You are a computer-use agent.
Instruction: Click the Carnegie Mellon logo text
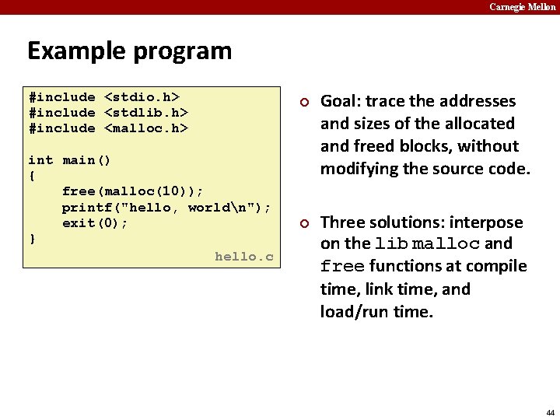coord(522,7)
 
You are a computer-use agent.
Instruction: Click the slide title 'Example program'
coord(129,51)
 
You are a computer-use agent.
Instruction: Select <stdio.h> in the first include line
coord(142,97)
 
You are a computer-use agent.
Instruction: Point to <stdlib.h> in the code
coord(146,113)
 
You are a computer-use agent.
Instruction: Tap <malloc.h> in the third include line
coord(146,128)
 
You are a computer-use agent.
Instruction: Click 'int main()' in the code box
coord(69,160)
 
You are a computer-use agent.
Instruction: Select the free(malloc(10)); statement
coord(133,191)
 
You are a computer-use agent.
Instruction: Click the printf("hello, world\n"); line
coord(166,207)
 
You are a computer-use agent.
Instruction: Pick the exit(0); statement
coord(95,223)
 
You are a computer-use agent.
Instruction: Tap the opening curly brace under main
coord(32,176)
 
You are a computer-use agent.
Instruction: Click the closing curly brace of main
coord(32,238)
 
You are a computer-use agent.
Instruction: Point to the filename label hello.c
coord(243,256)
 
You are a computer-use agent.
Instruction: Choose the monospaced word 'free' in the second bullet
coord(342,267)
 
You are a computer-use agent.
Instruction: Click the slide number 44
coord(550,412)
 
